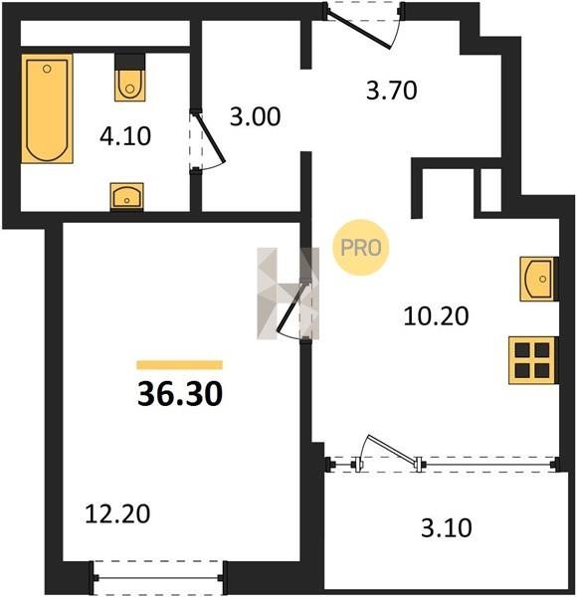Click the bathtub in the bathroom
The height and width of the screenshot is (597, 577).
[x=47, y=108]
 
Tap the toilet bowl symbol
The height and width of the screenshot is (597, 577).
[x=129, y=85]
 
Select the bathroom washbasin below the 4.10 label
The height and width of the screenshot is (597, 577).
[x=126, y=196]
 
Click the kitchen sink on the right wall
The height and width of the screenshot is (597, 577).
[x=538, y=280]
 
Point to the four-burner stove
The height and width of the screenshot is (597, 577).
[x=532, y=360]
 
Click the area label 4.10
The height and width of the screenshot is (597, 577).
[x=125, y=136]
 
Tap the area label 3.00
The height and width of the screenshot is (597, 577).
[x=255, y=116]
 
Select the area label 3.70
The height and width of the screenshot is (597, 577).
[x=392, y=91]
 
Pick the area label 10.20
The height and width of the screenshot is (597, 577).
[x=436, y=316]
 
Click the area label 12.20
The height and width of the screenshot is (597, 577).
[x=117, y=513]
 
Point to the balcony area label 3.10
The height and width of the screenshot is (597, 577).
[x=447, y=528]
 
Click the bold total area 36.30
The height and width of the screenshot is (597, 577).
[x=180, y=394]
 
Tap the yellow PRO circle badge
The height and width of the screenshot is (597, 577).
[x=361, y=248]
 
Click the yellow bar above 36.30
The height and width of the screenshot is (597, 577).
[x=180, y=365]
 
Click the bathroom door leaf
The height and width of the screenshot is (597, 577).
[x=211, y=137]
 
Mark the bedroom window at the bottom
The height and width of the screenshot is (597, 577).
[x=158, y=577]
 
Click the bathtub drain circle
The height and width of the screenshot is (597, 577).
[x=47, y=69]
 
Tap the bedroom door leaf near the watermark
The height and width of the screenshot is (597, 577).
[x=291, y=306]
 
